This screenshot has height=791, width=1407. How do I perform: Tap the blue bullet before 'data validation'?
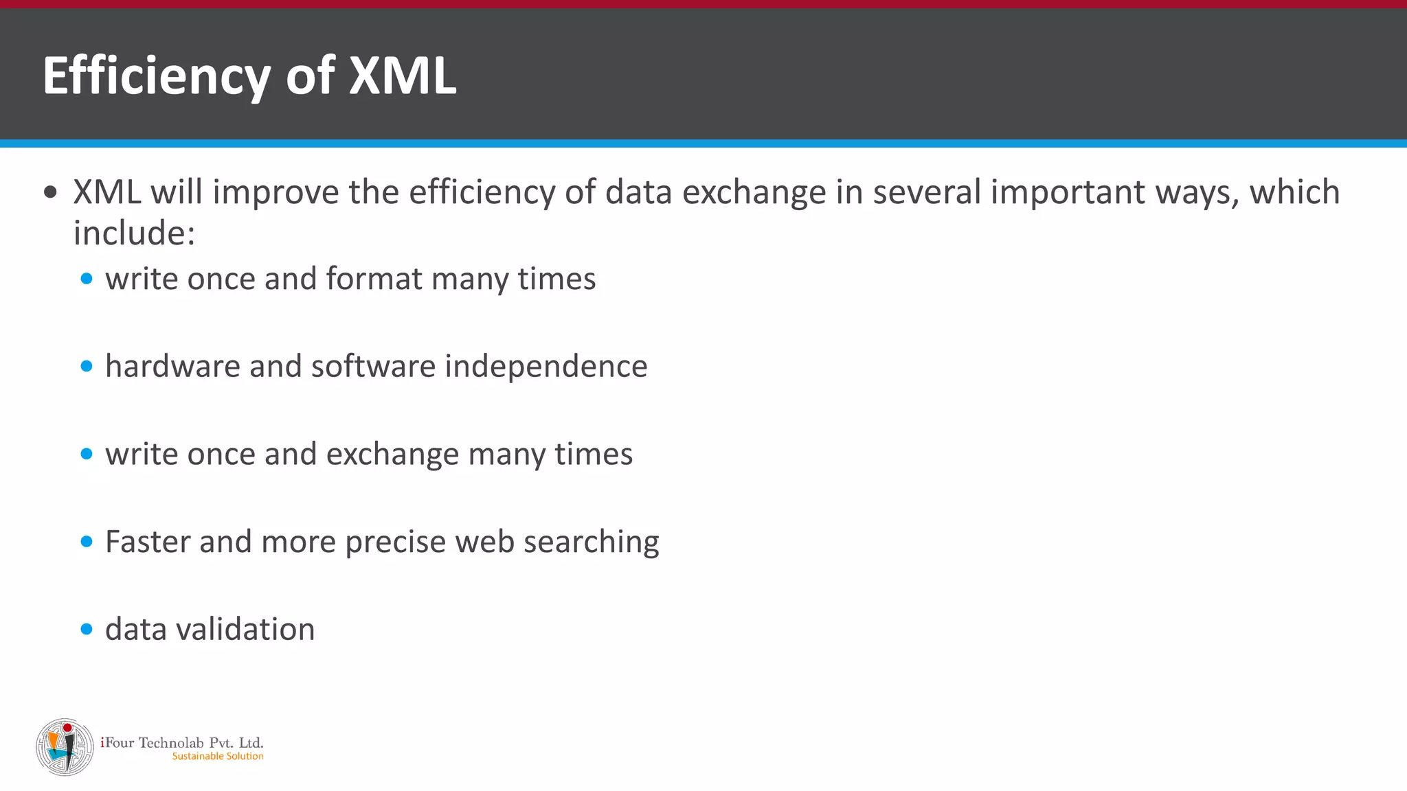(x=87, y=629)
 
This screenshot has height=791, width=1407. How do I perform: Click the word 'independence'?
(x=546, y=366)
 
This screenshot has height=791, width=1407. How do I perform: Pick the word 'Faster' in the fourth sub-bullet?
(x=148, y=542)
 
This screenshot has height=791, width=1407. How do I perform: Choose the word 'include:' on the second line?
(x=135, y=233)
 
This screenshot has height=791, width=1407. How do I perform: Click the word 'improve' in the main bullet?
(x=275, y=192)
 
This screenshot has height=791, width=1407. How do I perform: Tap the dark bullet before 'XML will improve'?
(x=50, y=192)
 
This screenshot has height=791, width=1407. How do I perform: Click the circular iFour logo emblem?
(x=65, y=747)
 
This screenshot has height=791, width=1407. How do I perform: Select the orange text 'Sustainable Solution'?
(x=218, y=756)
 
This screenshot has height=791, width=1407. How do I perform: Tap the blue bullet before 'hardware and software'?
(x=87, y=367)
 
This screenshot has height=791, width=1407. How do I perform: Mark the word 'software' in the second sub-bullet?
(x=373, y=366)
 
